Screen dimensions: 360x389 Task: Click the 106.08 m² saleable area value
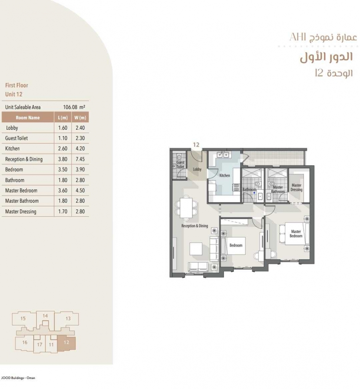(x=74, y=107)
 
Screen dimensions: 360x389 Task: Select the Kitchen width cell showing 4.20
(x=80, y=148)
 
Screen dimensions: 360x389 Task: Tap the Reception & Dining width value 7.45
(x=80, y=159)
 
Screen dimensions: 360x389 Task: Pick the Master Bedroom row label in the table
(x=21, y=190)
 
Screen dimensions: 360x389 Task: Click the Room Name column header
(x=28, y=117)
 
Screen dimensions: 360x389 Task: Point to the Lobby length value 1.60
(x=63, y=128)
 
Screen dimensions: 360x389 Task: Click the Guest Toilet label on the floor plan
(x=181, y=164)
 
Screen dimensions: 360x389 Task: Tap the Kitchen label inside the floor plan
(x=225, y=175)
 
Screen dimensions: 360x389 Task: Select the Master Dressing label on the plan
(x=297, y=187)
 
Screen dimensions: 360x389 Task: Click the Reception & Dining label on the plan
(x=195, y=226)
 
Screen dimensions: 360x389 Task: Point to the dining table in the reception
(x=186, y=207)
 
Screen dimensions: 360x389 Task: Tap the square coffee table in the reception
(x=196, y=249)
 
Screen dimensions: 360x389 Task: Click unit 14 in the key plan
(x=45, y=320)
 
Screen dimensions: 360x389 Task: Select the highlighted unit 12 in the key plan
(x=66, y=343)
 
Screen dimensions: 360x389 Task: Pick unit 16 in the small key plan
(x=24, y=343)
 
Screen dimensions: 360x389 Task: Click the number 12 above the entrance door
(x=196, y=144)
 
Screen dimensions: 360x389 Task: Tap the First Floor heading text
(x=17, y=85)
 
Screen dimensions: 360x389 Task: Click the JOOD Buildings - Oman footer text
(x=18, y=378)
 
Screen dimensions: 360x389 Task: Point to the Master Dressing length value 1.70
(x=63, y=212)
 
